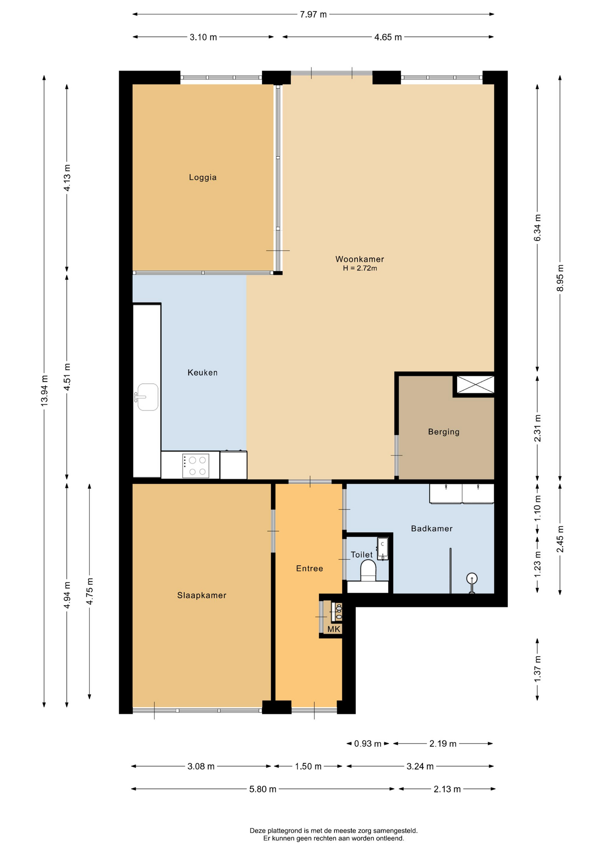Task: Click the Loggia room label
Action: (x=202, y=177)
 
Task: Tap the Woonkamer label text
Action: (x=359, y=259)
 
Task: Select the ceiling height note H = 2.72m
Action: (x=360, y=268)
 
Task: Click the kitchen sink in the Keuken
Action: (x=147, y=397)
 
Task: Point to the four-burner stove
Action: (x=196, y=466)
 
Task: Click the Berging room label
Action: (x=443, y=432)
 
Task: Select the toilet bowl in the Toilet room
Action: (x=368, y=570)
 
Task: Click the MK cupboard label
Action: (x=334, y=629)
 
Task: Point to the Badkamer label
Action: (x=431, y=529)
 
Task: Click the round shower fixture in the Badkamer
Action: (x=471, y=578)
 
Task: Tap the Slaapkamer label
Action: (x=201, y=595)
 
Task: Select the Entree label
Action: (x=310, y=568)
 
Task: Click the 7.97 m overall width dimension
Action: (x=313, y=14)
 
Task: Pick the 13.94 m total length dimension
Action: (x=44, y=391)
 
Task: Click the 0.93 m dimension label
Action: (x=367, y=744)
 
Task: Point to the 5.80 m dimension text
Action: (x=262, y=789)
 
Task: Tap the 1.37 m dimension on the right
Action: (x=537, y=669)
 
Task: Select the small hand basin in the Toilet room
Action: (x=383, y=548)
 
